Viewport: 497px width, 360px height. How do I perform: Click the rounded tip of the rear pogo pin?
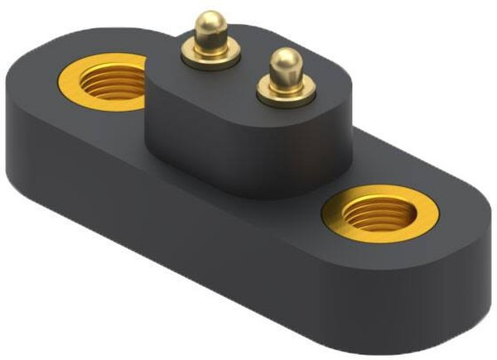tap(213, 22)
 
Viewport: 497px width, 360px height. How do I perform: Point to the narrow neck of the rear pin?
tap(211, 42)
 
